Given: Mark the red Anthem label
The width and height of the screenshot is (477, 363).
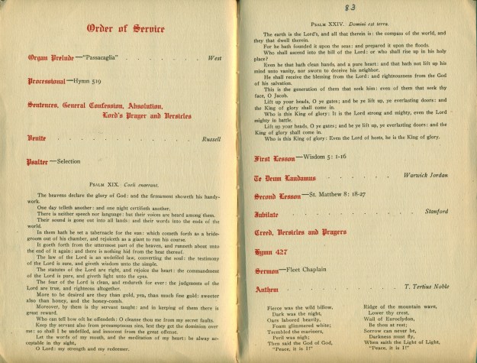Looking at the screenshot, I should (267, 290).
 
